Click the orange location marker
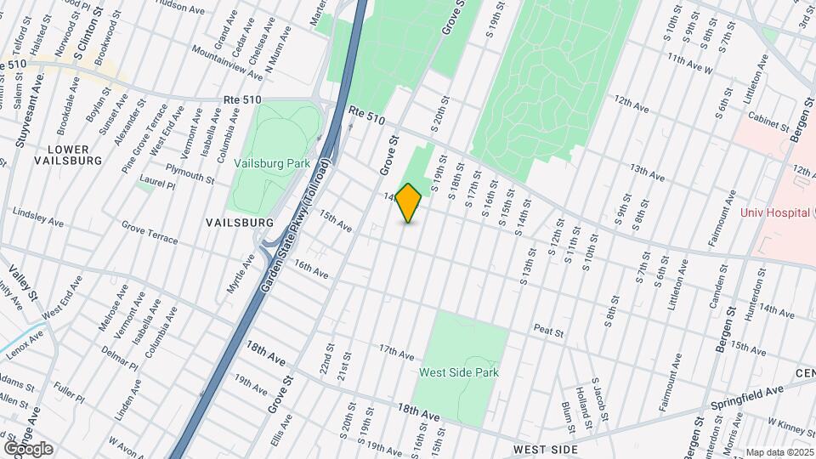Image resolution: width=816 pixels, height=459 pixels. click(x=409, y=203)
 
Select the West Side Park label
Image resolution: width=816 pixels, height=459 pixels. click(x=459, y=372)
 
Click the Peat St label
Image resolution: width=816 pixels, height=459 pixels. click(x=549, y=328)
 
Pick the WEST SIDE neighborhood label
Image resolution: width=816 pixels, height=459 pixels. click(x=546, y=449)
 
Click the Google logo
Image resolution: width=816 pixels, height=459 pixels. click(x=28, y=449)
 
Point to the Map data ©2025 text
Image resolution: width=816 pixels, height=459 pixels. click(x=779, y=452)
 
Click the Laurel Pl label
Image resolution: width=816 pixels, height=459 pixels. click(x=157, y=184)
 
